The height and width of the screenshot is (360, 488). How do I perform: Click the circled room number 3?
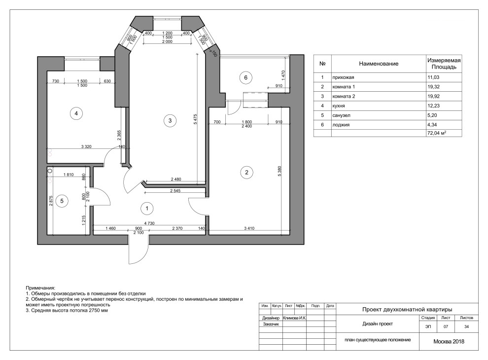(170, 120)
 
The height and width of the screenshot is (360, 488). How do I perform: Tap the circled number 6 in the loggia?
(245, 77)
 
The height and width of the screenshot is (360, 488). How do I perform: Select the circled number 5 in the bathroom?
(62, 201)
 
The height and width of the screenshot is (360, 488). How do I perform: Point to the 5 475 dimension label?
(195, 119)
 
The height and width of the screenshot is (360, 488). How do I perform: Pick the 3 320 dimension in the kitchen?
(86, 146)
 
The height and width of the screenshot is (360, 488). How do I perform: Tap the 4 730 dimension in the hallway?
(149, 223)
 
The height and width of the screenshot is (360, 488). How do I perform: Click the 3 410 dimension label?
(249, 228)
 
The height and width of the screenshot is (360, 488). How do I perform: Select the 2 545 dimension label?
(175, 190)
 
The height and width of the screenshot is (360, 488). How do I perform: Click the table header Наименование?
(379, 64)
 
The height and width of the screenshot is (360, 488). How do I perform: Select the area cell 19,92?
(433, 96)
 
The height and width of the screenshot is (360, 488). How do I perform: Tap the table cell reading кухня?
(339, 106)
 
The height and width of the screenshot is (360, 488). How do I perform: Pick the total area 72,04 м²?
(437, 133)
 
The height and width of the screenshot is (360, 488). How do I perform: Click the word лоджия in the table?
(341, 125)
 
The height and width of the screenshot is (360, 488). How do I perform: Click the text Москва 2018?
(449, 342)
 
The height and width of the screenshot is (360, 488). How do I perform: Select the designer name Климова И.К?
(294, 318)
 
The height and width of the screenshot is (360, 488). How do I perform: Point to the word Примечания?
(40, 288)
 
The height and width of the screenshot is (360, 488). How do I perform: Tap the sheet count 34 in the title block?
(466, 326)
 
